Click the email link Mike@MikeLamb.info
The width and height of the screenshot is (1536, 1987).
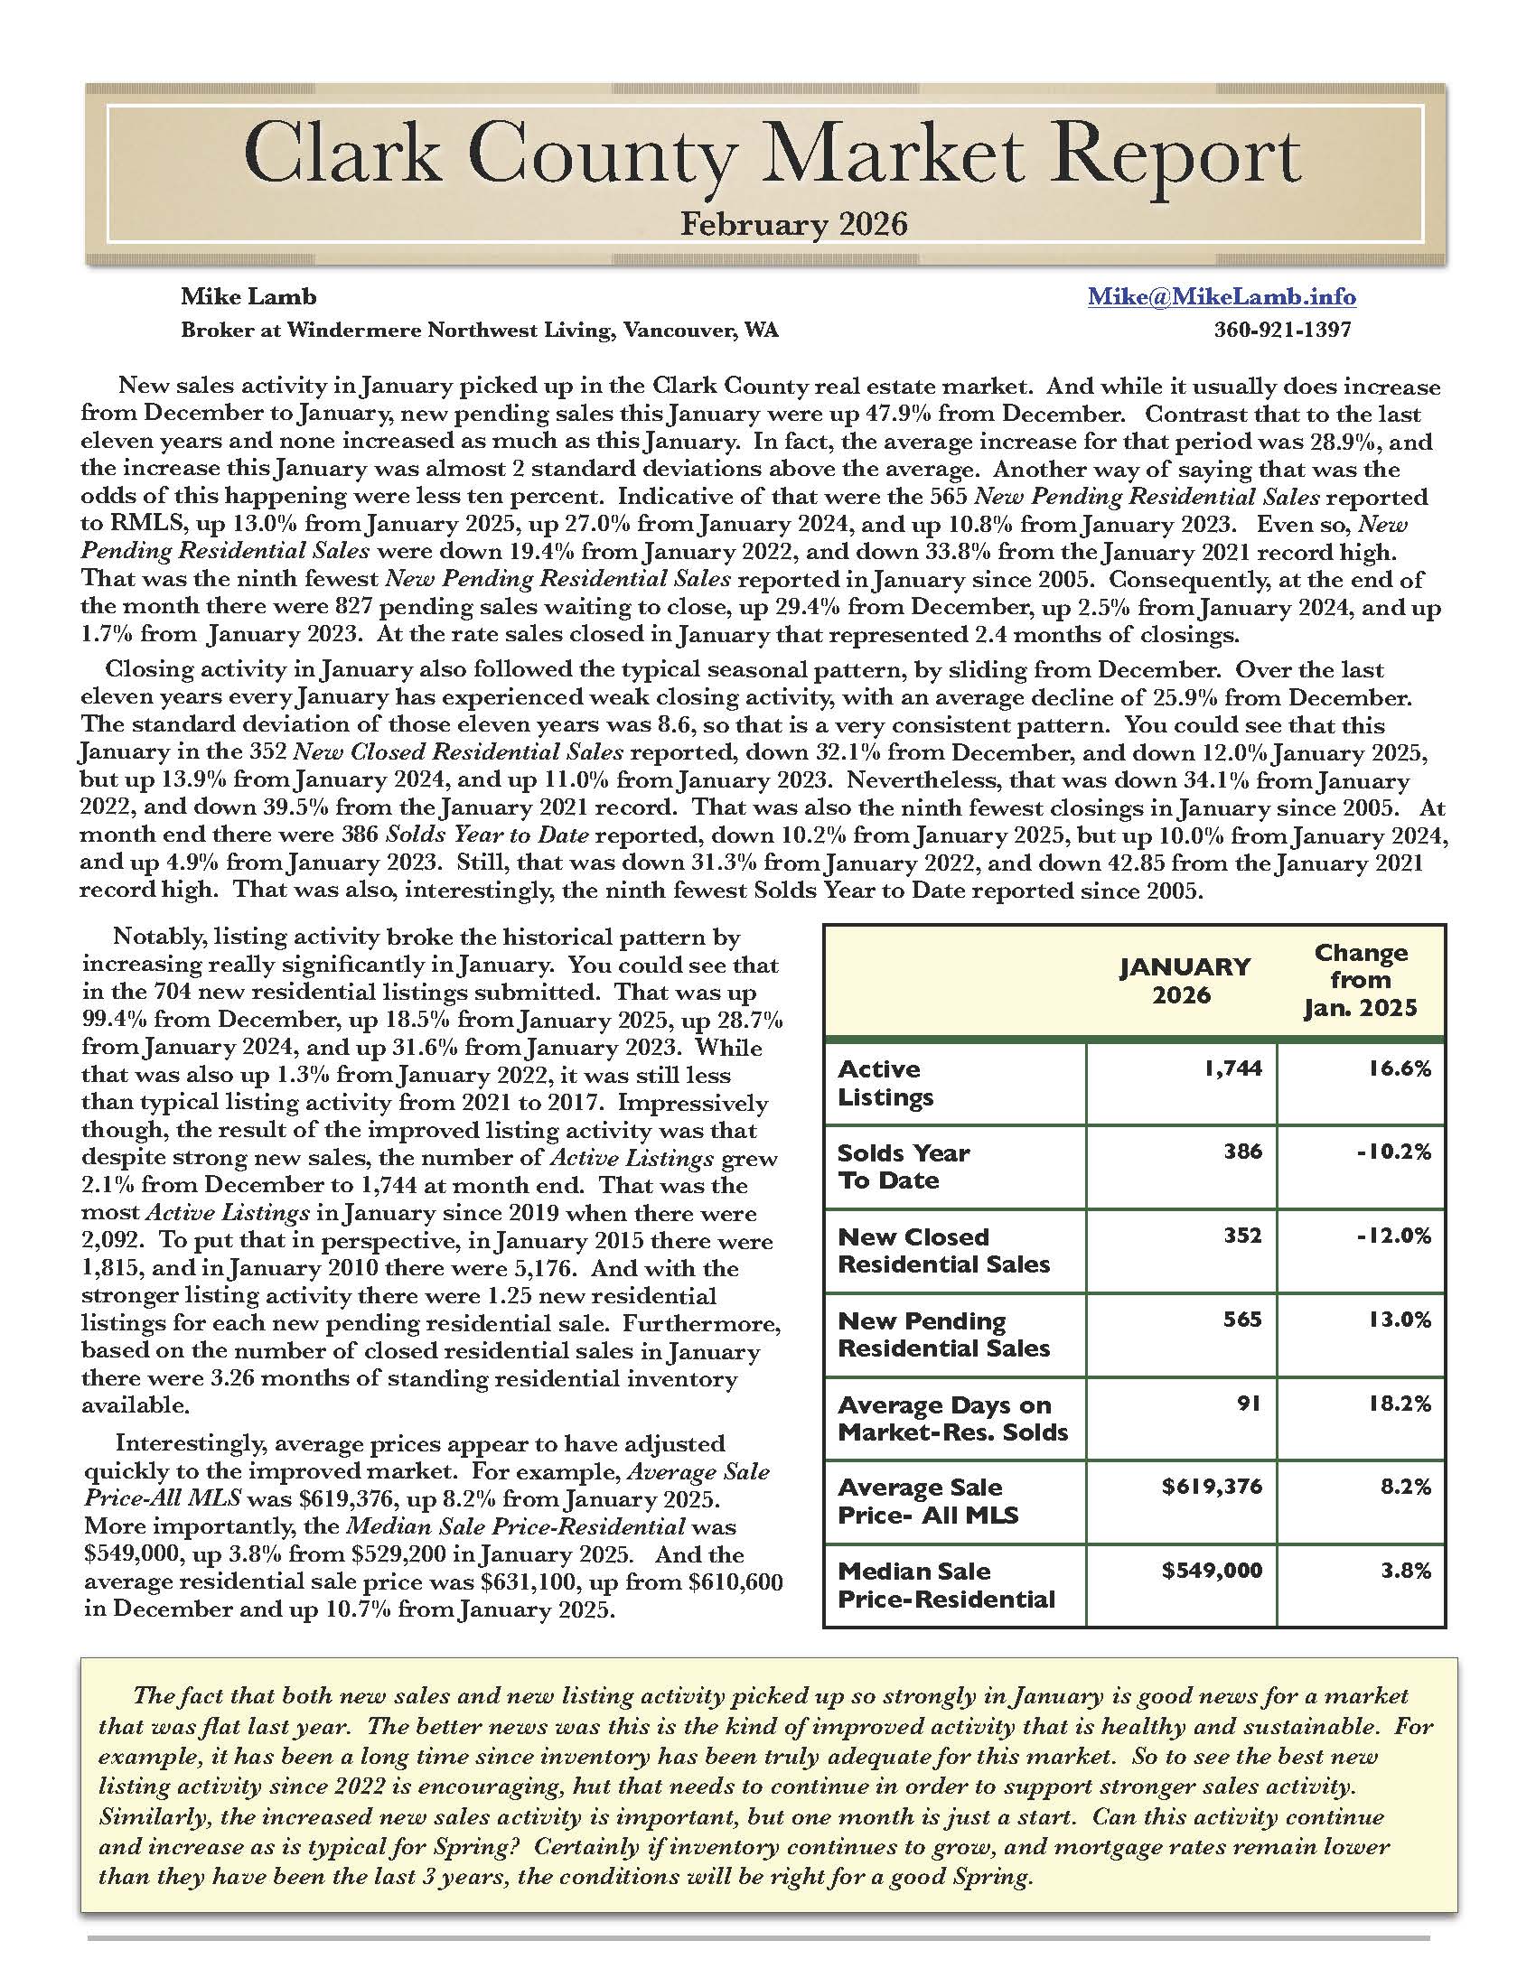(x=1222, y=296)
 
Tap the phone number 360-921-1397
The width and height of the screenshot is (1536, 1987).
(x=1282, y=330)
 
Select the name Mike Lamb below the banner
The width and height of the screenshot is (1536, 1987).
(x=248, y=296)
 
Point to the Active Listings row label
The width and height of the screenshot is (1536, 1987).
(x=885, y=1083)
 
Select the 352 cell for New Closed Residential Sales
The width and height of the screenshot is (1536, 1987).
(x=1243, y=1236)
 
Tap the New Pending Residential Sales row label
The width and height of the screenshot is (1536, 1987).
(x=943, y=1335)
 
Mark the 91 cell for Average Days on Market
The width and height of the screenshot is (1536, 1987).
(x=1250, y=1404)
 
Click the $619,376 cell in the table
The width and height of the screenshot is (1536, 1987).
(x=1212, y=1488)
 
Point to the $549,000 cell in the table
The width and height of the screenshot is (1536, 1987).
(x=1212, y=1572)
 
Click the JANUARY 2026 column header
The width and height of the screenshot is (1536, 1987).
(x=1184, y=981)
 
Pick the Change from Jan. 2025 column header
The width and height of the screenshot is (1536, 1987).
(x=1361, y=981)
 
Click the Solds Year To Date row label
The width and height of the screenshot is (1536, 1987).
(x=903, y=1166)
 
